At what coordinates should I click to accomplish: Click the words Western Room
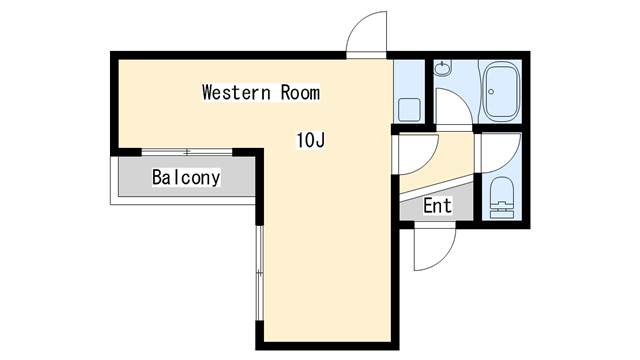point(260,93)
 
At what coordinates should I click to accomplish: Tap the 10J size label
point(309,140)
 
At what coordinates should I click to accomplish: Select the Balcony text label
point(186,178)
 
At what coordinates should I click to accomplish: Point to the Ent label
point(437,206)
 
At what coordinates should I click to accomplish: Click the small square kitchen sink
point(409,108)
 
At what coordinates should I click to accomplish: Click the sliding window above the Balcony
point(187,151)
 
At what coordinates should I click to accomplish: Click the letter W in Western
point(208,93)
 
